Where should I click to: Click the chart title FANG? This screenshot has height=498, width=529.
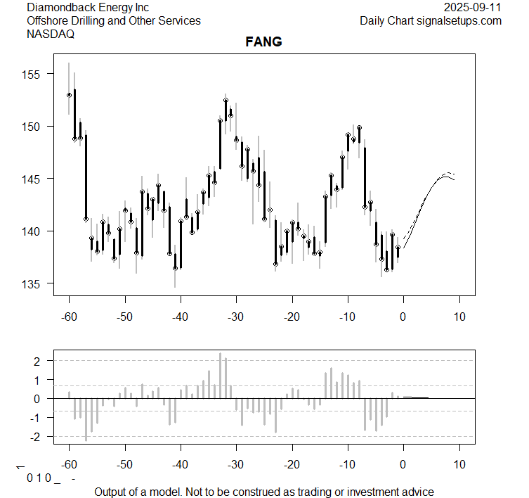pos(264,41)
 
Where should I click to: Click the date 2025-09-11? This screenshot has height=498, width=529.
pos(473,7)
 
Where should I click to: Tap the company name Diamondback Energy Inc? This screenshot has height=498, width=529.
pos(87,7)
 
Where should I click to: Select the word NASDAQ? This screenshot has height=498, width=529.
pos(50,34)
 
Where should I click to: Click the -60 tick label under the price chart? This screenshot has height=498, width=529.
pos(69,316)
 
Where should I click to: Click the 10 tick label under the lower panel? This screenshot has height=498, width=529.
pos(459,465)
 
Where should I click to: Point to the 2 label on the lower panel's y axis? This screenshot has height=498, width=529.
pos(39,361)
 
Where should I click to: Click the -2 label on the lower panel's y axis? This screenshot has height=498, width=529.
pos(37,437)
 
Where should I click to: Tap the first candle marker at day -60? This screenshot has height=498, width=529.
pos(69,95)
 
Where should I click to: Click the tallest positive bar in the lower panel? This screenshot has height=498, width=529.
pos(220,376)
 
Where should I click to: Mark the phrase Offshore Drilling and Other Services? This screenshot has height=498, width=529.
pos(113,21)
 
